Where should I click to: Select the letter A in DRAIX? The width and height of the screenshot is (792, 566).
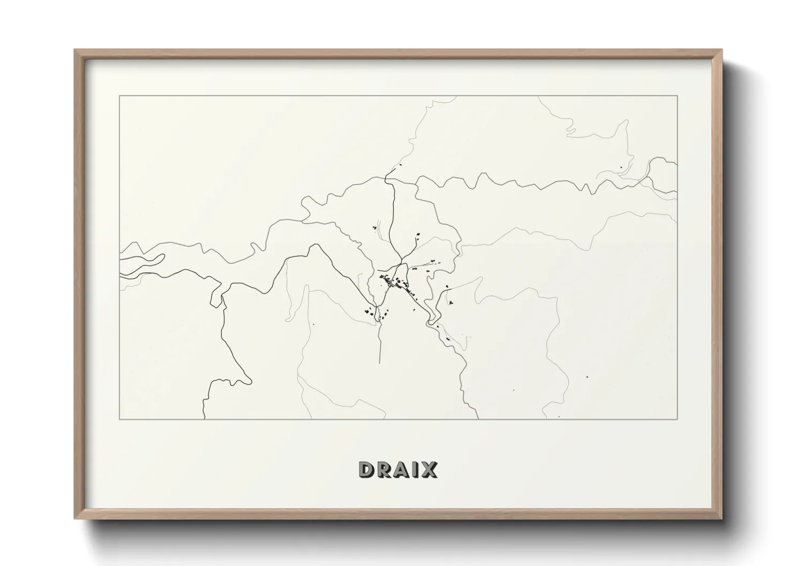[403, 470]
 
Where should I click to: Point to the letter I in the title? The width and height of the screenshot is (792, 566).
[416, 470]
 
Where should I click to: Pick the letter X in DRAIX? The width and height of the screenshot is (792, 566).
[429, 470]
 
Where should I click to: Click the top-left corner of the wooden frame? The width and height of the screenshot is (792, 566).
[75, 50]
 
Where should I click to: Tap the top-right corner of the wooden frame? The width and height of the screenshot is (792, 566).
[721, 50]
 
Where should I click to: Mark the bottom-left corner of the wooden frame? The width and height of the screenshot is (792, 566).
[75, 518]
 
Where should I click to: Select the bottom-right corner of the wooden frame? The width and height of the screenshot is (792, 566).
[721, 518]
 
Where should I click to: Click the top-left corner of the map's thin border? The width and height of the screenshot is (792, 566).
[119, 96]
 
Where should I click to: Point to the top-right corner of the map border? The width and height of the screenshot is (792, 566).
[677, 96]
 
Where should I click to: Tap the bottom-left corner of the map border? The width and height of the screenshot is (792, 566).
[119, 419]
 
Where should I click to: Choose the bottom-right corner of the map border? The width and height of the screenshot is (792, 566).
[677, 419]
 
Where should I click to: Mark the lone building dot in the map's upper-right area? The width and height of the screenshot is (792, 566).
[620, 168]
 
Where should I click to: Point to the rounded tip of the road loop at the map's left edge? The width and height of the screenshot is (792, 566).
[162, 258]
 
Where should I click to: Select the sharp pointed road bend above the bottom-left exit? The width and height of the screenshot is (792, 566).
[250, 381]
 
